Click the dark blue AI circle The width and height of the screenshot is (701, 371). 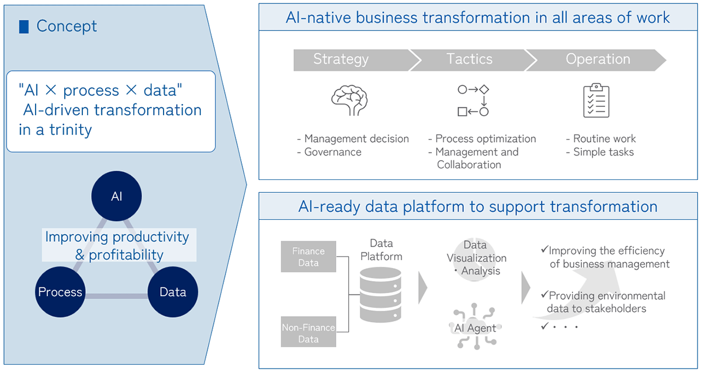coord(117,196)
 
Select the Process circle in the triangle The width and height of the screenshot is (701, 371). coord(60,292)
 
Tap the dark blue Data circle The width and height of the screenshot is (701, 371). coord(172,292)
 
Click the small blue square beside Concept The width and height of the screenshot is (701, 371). coord(24,26)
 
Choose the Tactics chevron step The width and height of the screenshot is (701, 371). coord(470,60)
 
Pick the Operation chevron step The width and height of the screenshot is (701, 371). coord(598,60)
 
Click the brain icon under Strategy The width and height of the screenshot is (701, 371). coord(349,101)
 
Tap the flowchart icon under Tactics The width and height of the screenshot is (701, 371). coord(473,100)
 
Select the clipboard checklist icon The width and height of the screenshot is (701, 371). coord(596,100)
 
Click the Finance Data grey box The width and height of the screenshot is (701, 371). coord(308,257)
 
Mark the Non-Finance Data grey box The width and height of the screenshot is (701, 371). coord(308,333)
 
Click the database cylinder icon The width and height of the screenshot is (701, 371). coord(380,294)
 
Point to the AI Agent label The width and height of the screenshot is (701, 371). coord(475,328)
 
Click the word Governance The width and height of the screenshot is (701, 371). coord(333,152)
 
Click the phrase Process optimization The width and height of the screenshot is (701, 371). coord(485,138)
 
